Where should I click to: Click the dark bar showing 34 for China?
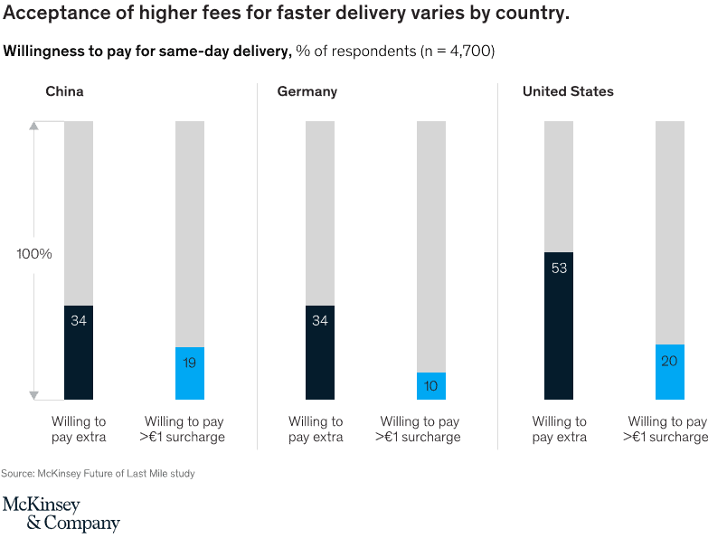(x=79, y=352)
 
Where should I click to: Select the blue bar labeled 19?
(x=190, y=373)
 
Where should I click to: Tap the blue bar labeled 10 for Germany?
(x=431, y=385)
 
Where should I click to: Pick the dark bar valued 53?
(x=559, y=326)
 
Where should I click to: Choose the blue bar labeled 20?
(x=670, y=372)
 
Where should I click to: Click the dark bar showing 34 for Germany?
(x=320, y=352)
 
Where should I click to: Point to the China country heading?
(x=65, y=92)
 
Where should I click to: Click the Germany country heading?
(x=307, y=92)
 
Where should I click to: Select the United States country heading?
(x=568, y=92)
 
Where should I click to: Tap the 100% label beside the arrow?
(x=34, y=254)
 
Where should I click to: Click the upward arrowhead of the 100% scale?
(x=34, y=126)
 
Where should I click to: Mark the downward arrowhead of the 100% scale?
(x=34, y=394)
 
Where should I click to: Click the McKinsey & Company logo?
(x=61, y=514)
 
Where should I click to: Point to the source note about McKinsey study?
(x=98, y=473)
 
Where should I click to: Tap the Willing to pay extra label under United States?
(x=559, y=429)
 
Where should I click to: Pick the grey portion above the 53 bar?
(x=559, y=185)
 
